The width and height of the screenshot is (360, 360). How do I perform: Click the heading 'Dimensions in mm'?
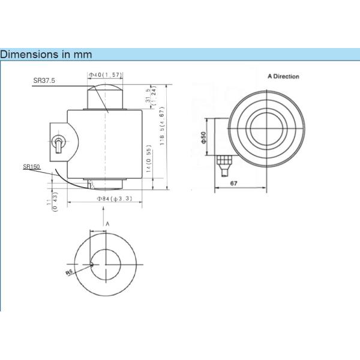click(46, 55)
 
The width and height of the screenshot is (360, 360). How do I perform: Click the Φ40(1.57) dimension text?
click(106, 75)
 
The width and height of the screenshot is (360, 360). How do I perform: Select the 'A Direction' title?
click(283, 77)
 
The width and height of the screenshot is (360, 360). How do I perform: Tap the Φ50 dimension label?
click(204, 137)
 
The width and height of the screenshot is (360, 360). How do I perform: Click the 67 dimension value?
click(235, 182)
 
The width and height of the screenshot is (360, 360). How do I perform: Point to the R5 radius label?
click(70, 271)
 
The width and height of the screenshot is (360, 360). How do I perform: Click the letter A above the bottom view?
click(107, 223)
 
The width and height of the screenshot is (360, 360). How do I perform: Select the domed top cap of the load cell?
click(106, 96)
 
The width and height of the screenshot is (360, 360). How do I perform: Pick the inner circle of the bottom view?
click(106, 264)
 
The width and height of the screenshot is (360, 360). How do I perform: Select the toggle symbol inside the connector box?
click(58, 144)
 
